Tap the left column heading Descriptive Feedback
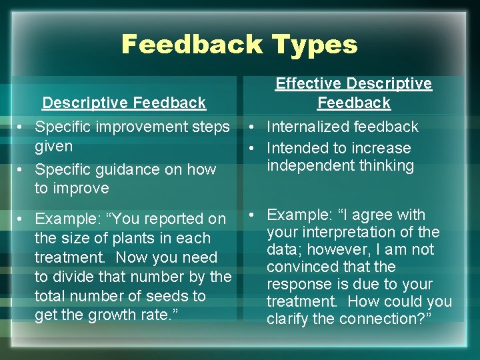124,103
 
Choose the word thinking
385,165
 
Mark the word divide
73,277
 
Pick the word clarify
288,319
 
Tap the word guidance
125,169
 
